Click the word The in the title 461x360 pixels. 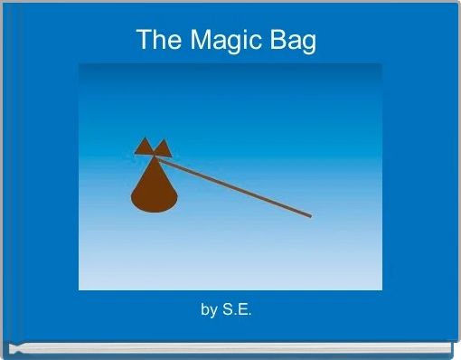tap(157, 40)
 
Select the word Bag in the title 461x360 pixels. tap(295, 41)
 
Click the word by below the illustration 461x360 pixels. tap(209, 310)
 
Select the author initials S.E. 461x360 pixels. tap(239, 310)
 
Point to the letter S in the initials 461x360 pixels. tap(230, 310)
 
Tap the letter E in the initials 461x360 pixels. tap(244, 310)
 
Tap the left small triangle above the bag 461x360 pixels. tap(144, 147)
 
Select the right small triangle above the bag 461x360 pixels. tap(163, 148)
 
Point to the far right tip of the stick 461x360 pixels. tap(310, 216)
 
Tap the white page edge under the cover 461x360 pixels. tap(230, 347)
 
